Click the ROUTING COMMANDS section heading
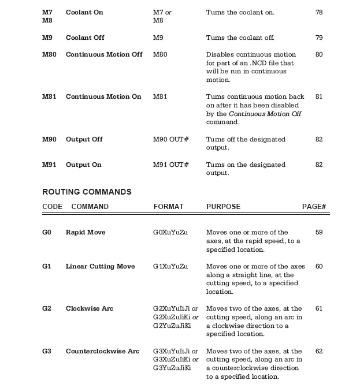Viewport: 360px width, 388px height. [x=87, y=192]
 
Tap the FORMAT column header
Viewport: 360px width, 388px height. [x=168, y=207]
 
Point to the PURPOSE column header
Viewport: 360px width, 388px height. [x=223, y=207]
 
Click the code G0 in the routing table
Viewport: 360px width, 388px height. [x=47, y=233]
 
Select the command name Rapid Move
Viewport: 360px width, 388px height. [x=86, y=233]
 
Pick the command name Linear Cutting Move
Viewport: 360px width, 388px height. [x=100, y=267]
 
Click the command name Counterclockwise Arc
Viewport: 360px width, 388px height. [x=102, y=351]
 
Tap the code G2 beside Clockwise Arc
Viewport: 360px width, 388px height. [x=47, y=309]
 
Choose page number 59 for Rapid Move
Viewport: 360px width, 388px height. [x=319, y=233]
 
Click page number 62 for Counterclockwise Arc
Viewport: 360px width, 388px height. [x=319, y=351]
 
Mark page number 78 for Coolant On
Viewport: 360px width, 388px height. [x=319, y=12]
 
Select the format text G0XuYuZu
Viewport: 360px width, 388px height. [x=170, y=233]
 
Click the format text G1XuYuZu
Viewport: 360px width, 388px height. [x=170, y=267]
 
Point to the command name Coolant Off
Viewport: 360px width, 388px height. [x=85, y=38]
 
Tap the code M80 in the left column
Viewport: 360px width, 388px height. [x=49, y=55]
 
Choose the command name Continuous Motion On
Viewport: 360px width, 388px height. [x=103, y=97]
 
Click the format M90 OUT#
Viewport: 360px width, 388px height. [x=170, y=140]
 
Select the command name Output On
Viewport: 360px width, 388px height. [x=83, y=165]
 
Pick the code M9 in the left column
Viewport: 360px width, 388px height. [x=47, y=38]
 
